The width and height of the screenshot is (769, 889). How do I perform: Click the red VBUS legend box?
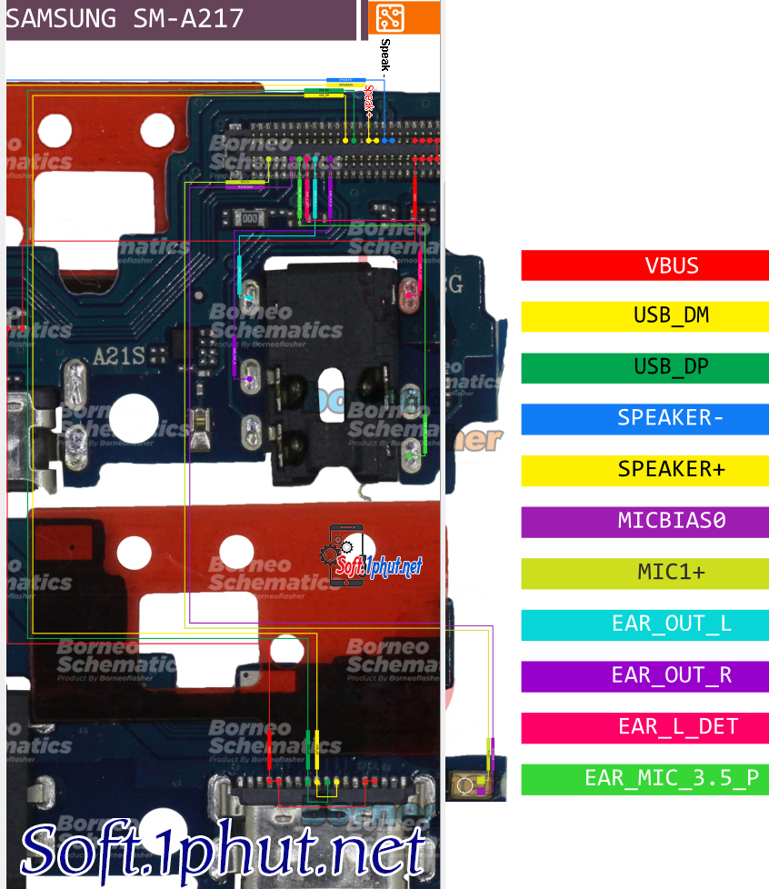pyautogui.click(x=644, y=265)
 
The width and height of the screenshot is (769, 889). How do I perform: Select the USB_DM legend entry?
pyautogui.click(x=644, y=316)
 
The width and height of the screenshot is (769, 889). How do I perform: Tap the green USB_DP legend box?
pyautogui.click(x=644, y=367)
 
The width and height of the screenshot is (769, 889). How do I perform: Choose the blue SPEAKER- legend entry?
pyautogui.click(x=644, y=418)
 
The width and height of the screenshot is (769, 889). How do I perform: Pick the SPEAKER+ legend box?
pyautogui.click(x=644, y=470)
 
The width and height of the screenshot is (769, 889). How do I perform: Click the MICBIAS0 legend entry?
pyautogui.click(x=644, y=522)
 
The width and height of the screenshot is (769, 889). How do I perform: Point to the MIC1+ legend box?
pyautogui.click(x=644, y=573)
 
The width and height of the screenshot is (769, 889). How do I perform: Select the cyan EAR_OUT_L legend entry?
pyautogui.click(x=644, y=624)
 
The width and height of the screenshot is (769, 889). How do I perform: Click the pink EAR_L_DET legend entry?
pyautogui.click(x=644, y=727)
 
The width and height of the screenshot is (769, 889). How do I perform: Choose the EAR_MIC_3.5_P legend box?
pyautogui.click(x=644, y=779)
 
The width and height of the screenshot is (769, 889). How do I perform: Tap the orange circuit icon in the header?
pyautogui.click(x=390, y=18)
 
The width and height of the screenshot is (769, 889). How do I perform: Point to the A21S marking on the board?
pyautogui.click(x=119, y=356)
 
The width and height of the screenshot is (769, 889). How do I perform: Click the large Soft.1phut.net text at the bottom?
pyautogui.click(x=224, y=853)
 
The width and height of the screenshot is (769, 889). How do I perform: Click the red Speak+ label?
pyautogui.click(x=369, y=102)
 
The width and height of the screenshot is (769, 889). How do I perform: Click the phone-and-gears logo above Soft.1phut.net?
pyautogui.click(x=345, y=554)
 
